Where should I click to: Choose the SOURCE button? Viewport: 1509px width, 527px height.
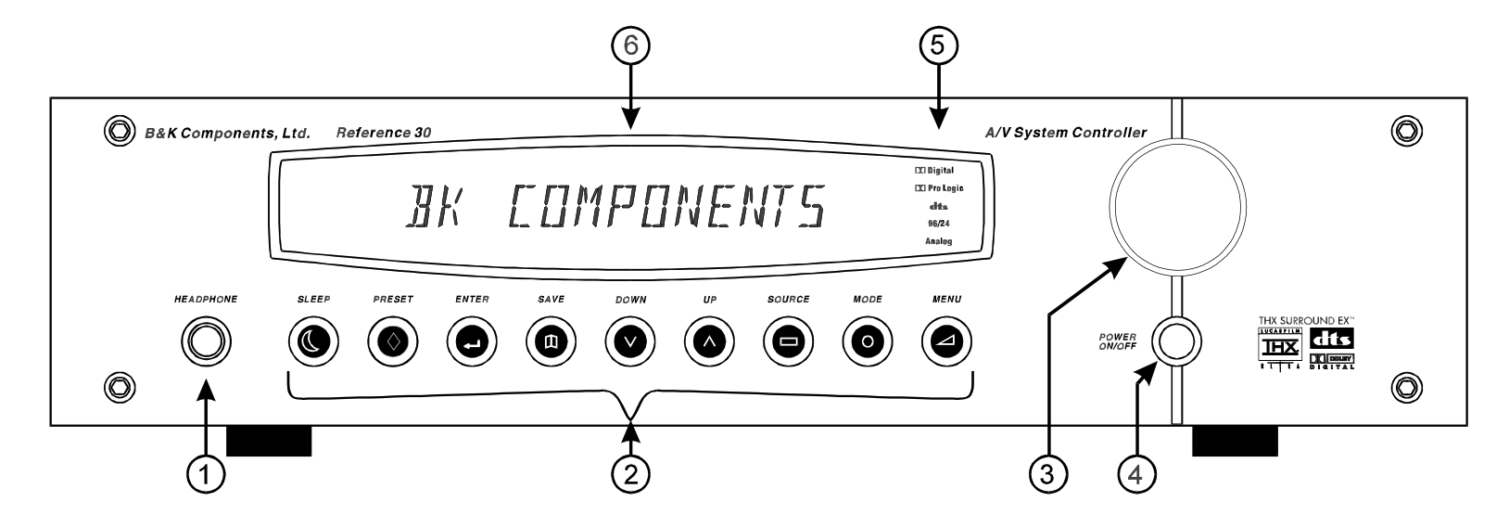coord(789,341)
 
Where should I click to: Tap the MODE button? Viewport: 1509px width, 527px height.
coord(868,341)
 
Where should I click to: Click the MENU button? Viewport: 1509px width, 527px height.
coord(946,341)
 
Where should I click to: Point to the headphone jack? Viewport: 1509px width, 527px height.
coord(206,341)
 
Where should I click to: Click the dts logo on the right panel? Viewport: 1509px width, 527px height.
coord(1331,340)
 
